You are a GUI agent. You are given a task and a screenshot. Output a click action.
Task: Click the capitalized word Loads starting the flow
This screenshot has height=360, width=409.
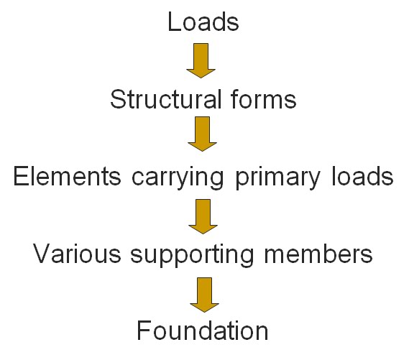coord(203,22)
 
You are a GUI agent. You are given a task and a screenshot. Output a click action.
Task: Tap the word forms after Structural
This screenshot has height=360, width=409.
coord(263,99)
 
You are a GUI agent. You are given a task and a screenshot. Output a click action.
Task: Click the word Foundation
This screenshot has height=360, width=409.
coord(203,331)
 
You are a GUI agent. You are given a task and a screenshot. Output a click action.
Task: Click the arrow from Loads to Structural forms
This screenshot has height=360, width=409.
coord(201,60)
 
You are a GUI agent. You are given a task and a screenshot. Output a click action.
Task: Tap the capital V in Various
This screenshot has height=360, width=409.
coord(42,254)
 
